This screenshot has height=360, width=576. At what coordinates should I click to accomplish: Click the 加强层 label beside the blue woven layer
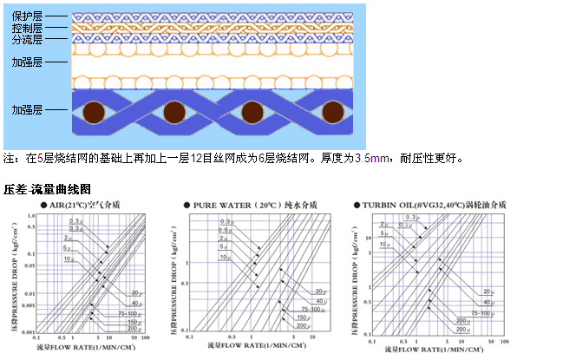25,110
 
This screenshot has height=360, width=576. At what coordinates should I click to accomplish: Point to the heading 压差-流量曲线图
47,188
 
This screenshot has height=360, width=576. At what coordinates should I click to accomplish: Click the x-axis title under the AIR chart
91,347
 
